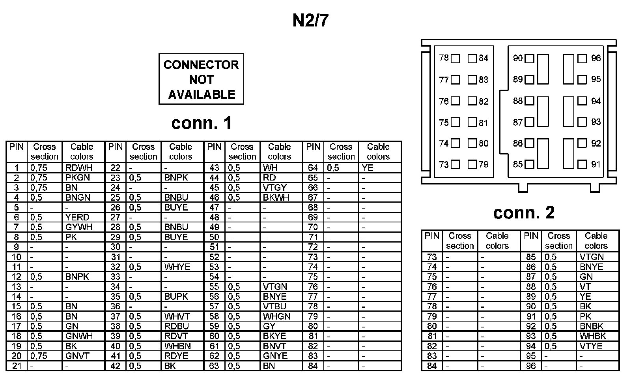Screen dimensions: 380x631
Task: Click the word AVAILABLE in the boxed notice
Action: [x=202, y=94]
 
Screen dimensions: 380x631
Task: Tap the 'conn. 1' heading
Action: [x=202, y=123]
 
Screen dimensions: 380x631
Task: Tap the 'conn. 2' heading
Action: [x=523, y=213]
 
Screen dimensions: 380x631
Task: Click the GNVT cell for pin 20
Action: [x=77, y=356]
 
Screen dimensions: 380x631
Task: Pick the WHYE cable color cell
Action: [x=177, y=267]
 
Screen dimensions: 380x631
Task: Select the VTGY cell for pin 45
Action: [x=274, y=188]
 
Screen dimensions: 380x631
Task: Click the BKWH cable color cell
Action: [x=276, y=198]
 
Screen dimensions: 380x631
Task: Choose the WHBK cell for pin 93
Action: [x=592, y=337]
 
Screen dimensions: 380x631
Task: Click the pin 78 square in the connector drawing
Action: [x=456, y=58]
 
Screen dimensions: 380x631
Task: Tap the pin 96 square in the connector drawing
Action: [x=582, y=58]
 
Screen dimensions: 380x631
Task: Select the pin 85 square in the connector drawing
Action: [x=530, y=164]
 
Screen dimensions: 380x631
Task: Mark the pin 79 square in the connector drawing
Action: [x=472, y=164]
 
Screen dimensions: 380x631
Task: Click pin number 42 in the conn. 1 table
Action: [x=115, y=366]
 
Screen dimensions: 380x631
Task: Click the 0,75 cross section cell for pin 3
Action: [x=39, y=188]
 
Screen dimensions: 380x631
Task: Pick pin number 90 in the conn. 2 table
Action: [x=531, y=307]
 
